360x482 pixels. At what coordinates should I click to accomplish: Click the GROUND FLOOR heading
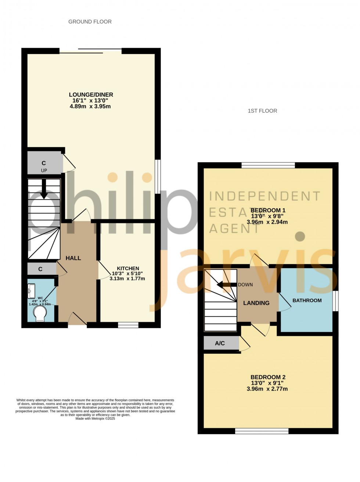pyautogui.click(x=90, y=22)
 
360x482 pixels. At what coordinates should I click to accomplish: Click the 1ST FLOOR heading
pyautogui.click(x=262, y=111)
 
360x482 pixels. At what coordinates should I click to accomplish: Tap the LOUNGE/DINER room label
pyautogui.click(x=91, y=95)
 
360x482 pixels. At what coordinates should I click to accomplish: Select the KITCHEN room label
pyautogui.click(x=128, y=268)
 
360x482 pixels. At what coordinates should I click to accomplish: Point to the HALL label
pyautogui.click(x=73, y=258)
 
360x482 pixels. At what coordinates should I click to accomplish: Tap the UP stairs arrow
pyautogui.click(x=44, y=190)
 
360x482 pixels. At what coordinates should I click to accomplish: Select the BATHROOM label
pyautogui.click(x=307, y=300)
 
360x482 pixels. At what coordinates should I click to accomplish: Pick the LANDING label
pyautogui.click(x=256, y=303)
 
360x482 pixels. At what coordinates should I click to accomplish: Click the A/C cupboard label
pyautogui.click(x=220, y=343)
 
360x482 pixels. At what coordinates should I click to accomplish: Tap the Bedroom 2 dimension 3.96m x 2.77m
pyautogui.click(x=267, y=389)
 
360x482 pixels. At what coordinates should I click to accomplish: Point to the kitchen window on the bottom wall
pyautogui.click(x=128, y=325)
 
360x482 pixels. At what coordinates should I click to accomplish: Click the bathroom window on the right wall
pyautogui.click(x=335, y=301)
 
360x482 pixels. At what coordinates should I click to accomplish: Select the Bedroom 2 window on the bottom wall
pyautogui.click(x=262, y=431)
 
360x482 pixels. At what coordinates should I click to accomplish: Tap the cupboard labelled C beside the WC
pyautogui.click(x=40, y=269)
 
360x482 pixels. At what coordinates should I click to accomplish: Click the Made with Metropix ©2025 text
pyautogui.click(x=95, y=418)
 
